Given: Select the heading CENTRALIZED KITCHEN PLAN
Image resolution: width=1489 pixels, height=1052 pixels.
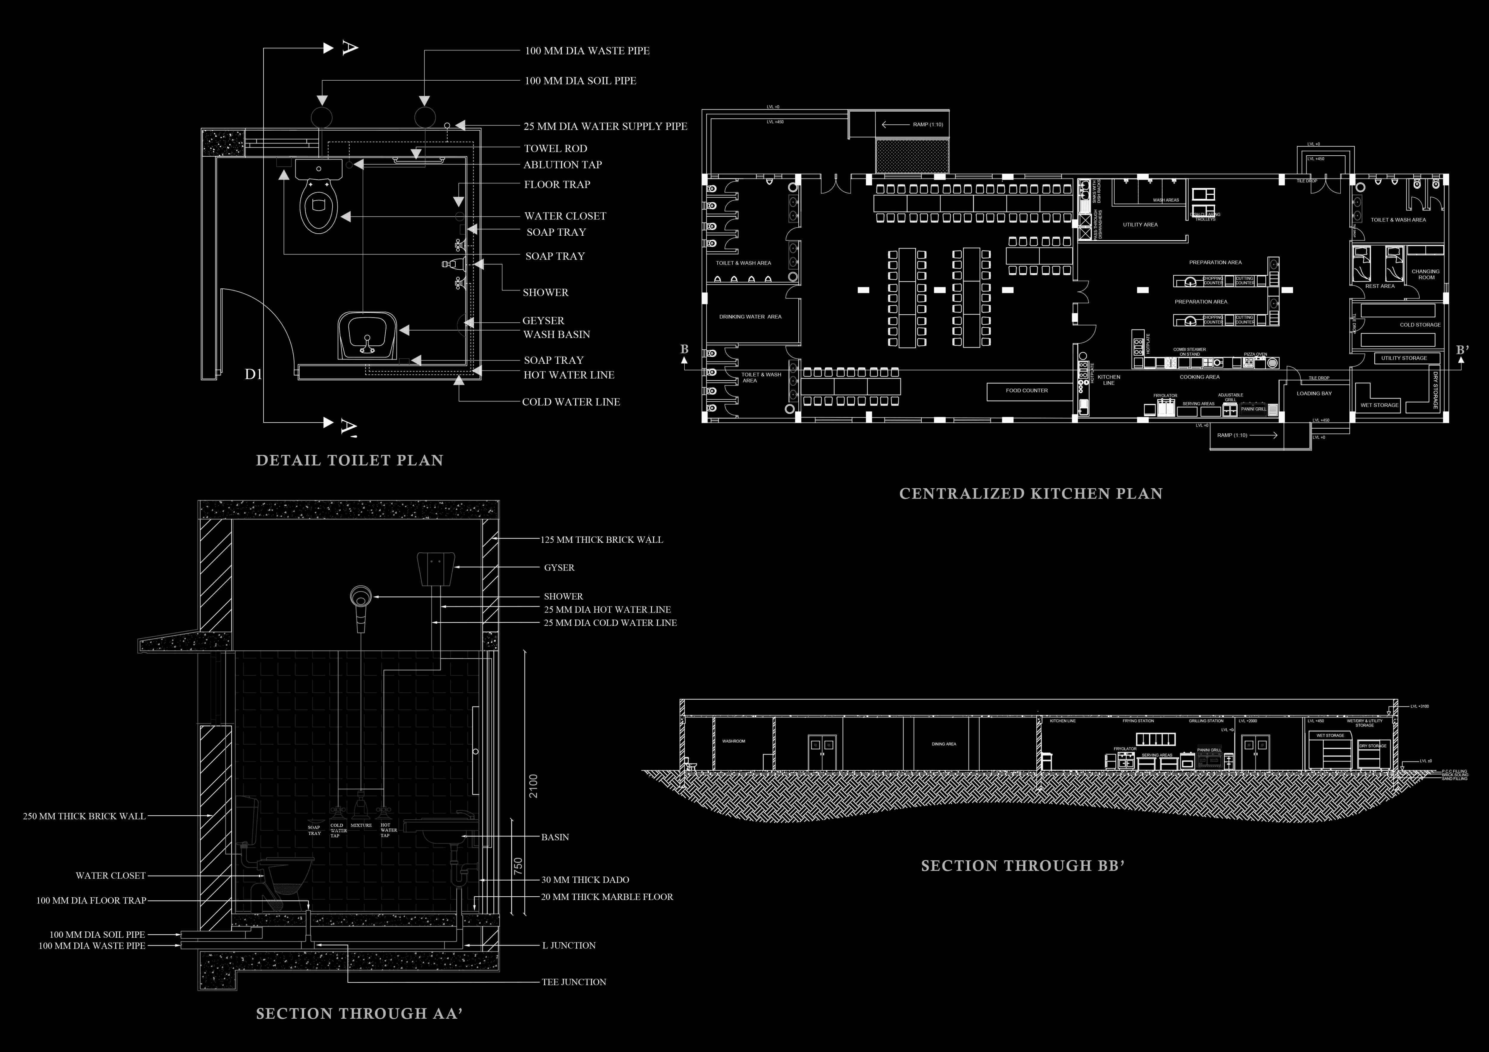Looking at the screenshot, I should pyautogui.click(x=1030, y=494).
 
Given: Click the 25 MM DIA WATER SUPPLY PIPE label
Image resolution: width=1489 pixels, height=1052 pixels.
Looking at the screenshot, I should pyautogui.click(x=605, y=126).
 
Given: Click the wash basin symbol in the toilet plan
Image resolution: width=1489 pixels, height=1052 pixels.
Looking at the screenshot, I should pyautogui.click(x=367, y=336).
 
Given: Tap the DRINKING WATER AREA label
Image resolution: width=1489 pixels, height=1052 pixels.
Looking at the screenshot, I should pyautogui.click(x=750, y=317).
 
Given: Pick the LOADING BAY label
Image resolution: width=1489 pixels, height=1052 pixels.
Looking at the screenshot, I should pyautogui.click(x=1314, y=393).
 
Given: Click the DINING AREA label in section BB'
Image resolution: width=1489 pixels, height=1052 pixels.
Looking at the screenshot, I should pyautogui.click(x=944, y=744).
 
